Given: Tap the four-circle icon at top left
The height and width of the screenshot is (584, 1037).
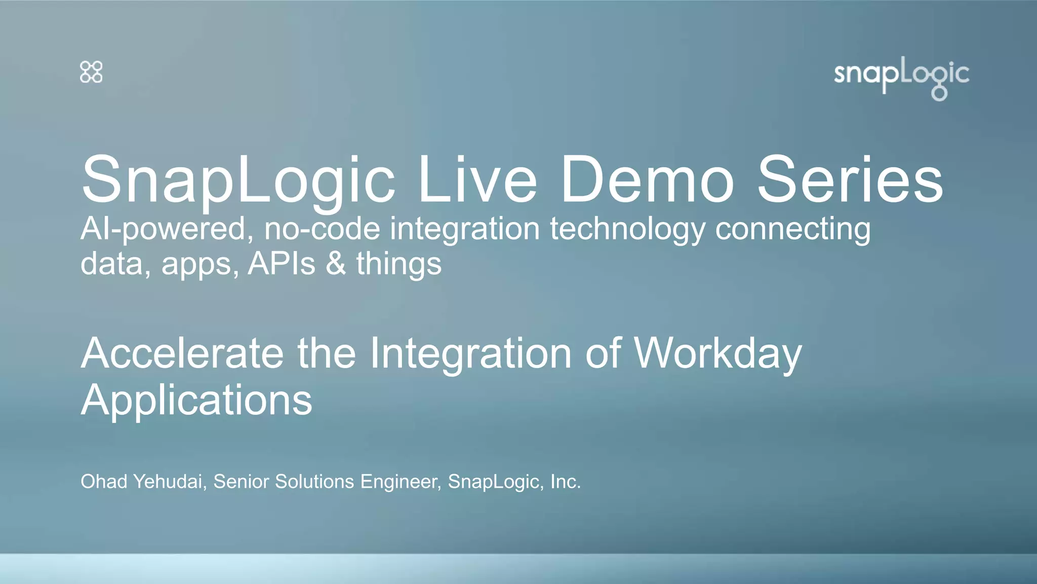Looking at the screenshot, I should click(91, 72).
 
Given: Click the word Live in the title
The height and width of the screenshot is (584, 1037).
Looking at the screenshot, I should click(476, 180).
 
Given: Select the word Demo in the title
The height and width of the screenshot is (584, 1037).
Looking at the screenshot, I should click(647, 180).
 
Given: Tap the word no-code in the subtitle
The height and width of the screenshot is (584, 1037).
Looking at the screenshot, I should click(322, 229).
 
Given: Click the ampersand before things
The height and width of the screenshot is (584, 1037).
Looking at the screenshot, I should click(336, 264).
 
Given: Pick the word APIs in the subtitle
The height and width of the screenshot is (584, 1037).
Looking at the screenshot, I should click(281, 264).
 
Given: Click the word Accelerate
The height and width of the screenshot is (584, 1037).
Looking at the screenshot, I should click(182, 353).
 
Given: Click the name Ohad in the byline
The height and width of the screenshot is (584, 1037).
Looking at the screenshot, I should click(104, 482).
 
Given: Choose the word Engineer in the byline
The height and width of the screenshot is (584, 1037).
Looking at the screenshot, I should click(401, 482).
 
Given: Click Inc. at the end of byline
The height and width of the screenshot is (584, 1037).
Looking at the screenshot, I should click(566, 482).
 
